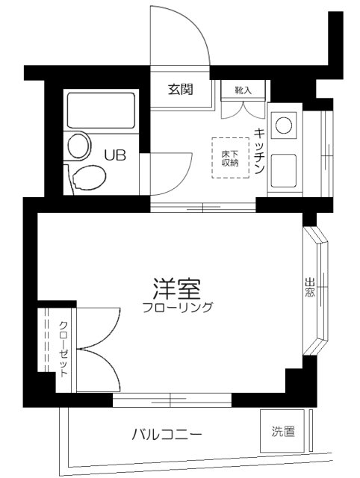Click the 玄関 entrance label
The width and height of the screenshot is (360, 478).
181,90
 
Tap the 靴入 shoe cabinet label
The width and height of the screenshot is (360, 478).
243,90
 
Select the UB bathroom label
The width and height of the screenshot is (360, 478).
115,155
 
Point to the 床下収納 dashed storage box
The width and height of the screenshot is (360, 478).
229,158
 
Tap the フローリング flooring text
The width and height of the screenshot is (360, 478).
179,307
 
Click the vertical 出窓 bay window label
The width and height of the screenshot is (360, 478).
309,288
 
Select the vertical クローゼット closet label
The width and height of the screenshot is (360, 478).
63,347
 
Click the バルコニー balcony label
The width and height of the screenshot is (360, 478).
166,433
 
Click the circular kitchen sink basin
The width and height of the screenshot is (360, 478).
285,125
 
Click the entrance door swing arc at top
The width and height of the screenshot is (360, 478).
181,37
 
